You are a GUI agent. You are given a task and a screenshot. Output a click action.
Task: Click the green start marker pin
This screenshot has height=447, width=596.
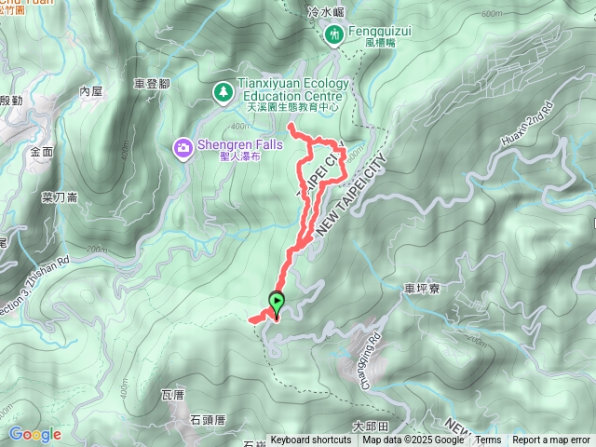277,301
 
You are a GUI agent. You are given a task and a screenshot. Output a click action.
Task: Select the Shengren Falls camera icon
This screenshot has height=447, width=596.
183,146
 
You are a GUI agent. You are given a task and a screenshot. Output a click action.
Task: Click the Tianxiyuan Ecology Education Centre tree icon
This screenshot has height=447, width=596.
223,91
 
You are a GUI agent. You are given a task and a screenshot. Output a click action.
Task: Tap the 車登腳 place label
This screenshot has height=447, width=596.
151,83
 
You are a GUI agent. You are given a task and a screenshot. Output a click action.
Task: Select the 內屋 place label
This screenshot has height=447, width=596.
90,90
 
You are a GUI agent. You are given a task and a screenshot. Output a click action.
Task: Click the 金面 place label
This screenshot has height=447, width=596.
41,151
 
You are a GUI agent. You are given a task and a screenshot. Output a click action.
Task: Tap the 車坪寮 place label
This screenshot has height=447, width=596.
422,290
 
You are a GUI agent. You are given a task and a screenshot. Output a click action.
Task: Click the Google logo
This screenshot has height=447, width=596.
34,434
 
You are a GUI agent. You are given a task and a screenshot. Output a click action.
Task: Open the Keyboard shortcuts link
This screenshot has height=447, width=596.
311,440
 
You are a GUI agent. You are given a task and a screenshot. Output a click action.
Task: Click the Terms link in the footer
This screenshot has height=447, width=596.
488,440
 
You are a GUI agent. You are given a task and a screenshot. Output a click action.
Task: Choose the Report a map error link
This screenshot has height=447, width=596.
551,440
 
